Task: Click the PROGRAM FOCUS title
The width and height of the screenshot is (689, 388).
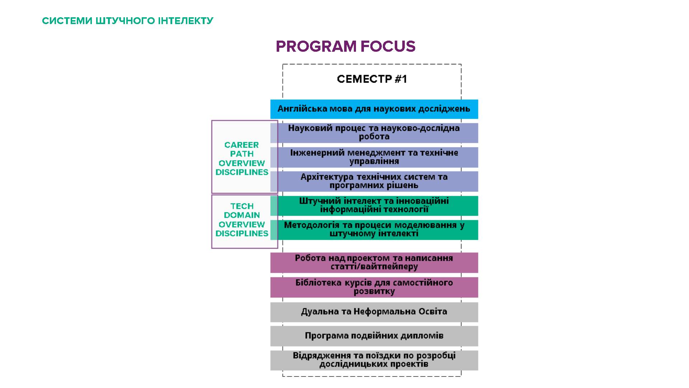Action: pyautogui.click(x=345, y=46)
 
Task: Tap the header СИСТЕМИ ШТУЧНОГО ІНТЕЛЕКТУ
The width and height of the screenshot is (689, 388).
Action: pyautogui.click(x=128, y=21)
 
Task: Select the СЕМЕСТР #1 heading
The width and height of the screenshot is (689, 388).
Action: pyautogui.click(x=372, y=79)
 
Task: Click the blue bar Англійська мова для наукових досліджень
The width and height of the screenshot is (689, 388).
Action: pyautogui.click(x=374, y=109)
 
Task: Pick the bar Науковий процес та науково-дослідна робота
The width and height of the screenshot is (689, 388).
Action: pyautogui.click(x=374, y=133)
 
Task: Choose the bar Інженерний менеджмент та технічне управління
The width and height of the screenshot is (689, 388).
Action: pyautogui.click(x=374, y=157)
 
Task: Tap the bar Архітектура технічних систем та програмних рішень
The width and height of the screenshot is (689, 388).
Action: pyautogui.click(x=374, y=181)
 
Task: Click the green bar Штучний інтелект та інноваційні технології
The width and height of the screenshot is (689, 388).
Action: pyautogui.click(x=374, y=205)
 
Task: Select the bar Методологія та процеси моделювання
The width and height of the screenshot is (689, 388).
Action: pyautogui.click(x=374, y=230)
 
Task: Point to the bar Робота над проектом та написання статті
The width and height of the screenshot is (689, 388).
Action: pyautogui.click(x=374, y=262)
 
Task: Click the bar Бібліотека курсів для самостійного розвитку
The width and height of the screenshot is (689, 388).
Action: pyautogui.click(x=374, y=287)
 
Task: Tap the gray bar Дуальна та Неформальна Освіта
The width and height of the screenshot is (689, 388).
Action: pyautogui.click(x=374, y=311)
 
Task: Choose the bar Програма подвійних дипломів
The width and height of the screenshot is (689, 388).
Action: pyautogui.click(x=374, y=336)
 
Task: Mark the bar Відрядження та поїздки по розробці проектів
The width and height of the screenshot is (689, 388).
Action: pyautogui.click(x=374, y=360)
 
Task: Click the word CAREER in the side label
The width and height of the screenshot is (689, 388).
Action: pyautogui.click(x=242, y=145)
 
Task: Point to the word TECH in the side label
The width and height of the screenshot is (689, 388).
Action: pyautogui.click(x=242, y=206)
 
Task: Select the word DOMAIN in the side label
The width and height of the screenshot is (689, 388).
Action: pyautogui.click(x=242, y=215)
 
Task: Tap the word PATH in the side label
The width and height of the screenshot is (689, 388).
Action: pyautogui.click(x=242, y=154)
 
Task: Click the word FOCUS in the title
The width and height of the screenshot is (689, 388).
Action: pyautogui.click(x=388, y=46)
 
